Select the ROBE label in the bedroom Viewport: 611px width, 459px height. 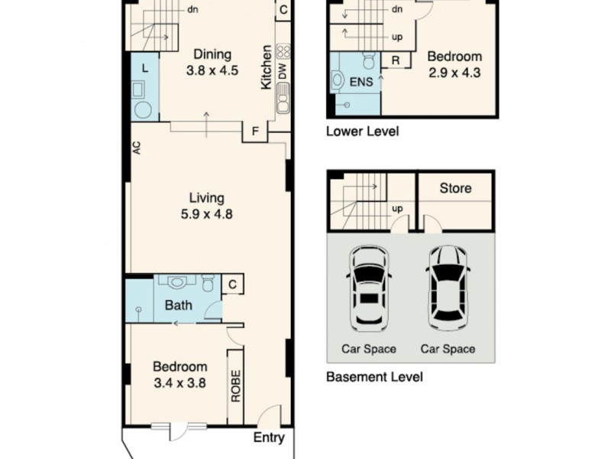[x=236, y=387]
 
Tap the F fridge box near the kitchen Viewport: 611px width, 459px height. [x=254, y=132]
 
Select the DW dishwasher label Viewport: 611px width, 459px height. [x=283, y=73]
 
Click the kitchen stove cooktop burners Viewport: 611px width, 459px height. [x=283, y=52]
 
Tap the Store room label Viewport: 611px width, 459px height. [x=455, y=188]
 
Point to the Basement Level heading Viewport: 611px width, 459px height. [x=374, y=377]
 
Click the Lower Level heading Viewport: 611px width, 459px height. [x=362, y=131]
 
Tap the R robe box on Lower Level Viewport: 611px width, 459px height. [x=396, y=60]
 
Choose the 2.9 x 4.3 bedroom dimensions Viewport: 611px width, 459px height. [x=454, y=73]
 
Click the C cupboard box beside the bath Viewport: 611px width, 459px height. [x=231, y=285]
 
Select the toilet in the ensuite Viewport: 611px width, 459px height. [x=368, y=60]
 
